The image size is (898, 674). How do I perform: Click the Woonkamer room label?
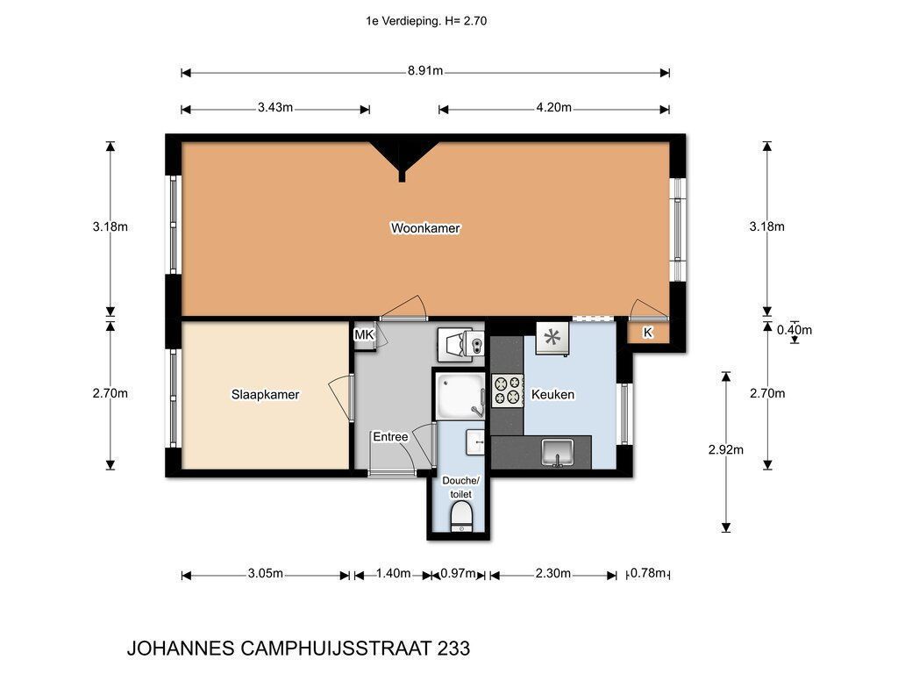(425, 228)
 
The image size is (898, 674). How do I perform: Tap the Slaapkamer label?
(265, 394)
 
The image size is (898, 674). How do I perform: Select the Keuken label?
(552, 394)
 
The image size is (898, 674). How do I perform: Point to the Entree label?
(390, 437)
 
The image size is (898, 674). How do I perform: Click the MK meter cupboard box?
(364, 334)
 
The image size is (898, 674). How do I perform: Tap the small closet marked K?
(648, 333)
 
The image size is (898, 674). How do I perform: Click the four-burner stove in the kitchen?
(508, 391)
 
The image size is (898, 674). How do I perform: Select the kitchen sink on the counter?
(558, 452)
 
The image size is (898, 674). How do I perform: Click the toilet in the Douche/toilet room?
(461, 515)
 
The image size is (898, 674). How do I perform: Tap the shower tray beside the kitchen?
(460, 397)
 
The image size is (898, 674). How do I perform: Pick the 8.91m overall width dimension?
(425, 72)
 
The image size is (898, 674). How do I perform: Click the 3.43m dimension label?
(274, 108)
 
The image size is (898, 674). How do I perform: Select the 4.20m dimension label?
(554, 108)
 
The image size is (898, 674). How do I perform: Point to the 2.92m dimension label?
(725, 450)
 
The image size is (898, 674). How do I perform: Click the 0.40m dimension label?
(795, 330)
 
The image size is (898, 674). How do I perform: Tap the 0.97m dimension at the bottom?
(458, 574)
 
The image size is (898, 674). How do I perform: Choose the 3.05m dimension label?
(265, 574)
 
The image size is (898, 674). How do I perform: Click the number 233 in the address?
(453, 649)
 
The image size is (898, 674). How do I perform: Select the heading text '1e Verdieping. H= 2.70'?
(426, 21)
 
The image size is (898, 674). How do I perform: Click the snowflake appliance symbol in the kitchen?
(552, 338)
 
